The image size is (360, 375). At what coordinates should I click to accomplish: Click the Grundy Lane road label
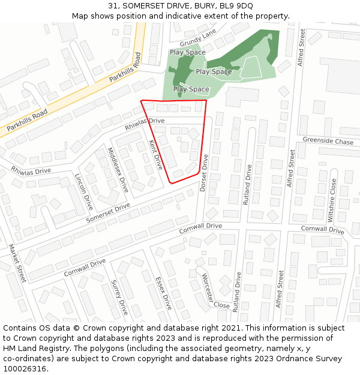[x=197, y=40]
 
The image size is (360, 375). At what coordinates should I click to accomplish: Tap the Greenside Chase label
[x=328, y=142]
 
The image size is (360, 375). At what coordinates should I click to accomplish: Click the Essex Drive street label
[x=163, y=293]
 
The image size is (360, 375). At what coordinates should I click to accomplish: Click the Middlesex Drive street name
[x=118, y=169]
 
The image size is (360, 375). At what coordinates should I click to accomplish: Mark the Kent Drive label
[x=155, y=155]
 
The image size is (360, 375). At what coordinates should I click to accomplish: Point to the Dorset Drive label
[x=204, y=173]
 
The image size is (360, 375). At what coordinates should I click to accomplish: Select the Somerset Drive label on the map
[x=108, y=213]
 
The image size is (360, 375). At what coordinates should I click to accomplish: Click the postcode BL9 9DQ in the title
[x=236, y=6]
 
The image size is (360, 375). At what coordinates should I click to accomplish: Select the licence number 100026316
[x=25, y=369]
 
